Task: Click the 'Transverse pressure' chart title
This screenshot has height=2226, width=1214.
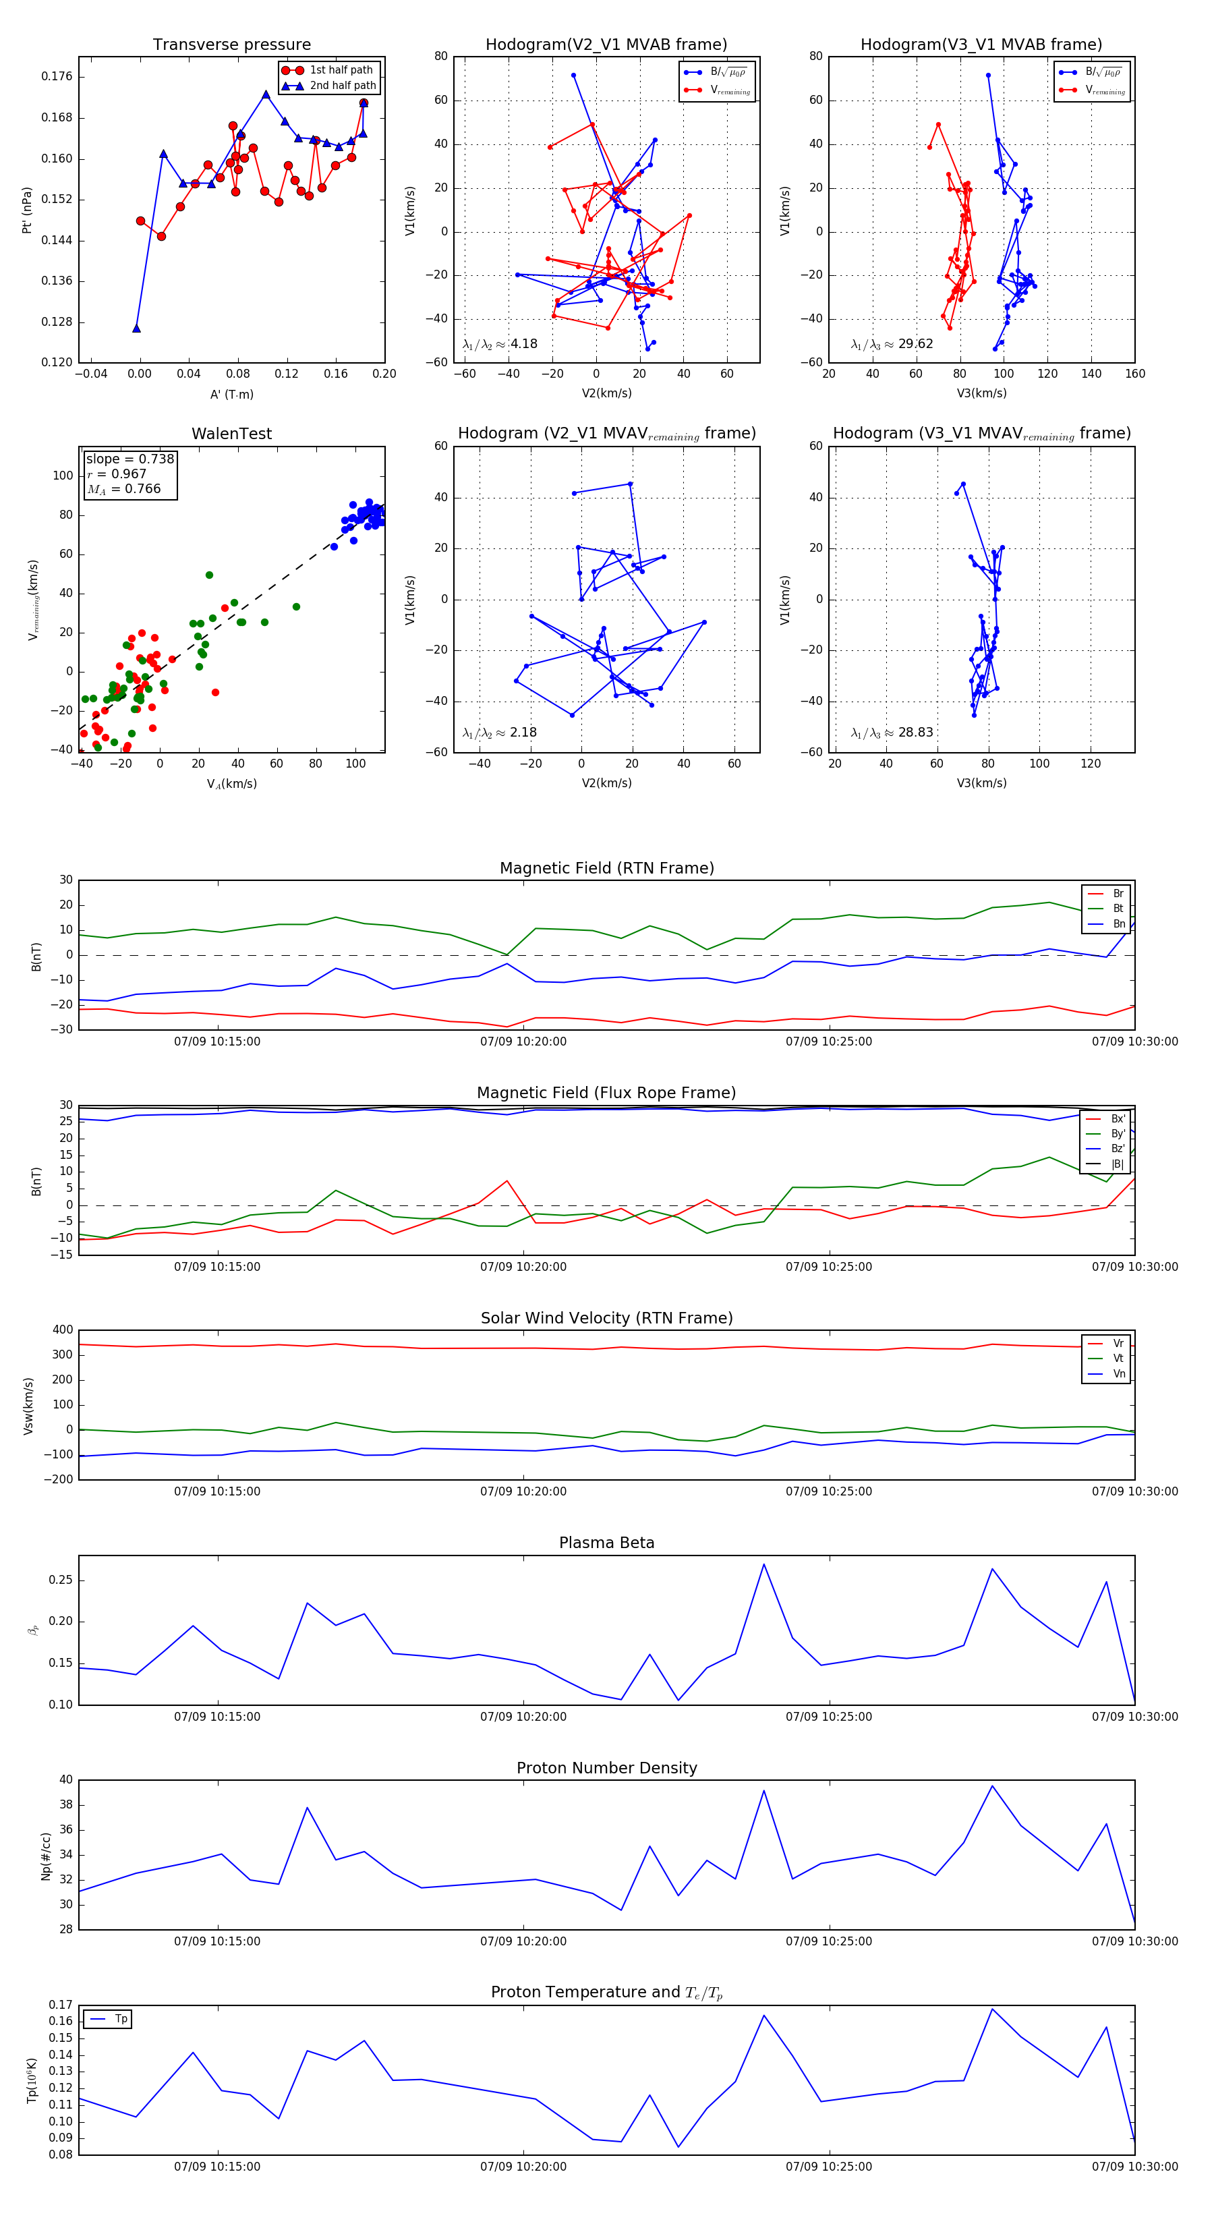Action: pos(231,45)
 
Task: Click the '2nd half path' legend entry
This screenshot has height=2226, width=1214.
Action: pos(342,86)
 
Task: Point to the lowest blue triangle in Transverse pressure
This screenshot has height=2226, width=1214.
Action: pos(136,329)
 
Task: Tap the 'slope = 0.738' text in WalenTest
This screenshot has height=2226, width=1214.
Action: pos(129,459)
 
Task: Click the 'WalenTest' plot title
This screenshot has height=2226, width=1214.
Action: pos(231,434)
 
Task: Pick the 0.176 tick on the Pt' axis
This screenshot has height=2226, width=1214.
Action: pos(57,76)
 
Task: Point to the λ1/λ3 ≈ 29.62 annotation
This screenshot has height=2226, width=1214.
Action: pos(892,344)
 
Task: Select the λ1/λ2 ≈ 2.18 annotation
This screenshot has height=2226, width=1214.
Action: pos(499,733)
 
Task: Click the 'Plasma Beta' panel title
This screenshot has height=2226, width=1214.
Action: pos(606,1543)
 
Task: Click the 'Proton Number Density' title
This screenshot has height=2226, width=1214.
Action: pos(606,1768)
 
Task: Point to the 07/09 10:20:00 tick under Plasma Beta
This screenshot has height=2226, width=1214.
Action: pos(523,1717)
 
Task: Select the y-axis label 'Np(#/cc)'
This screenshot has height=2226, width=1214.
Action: pos(47,1856)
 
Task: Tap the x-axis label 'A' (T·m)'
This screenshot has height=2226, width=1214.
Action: pos(231,394)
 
